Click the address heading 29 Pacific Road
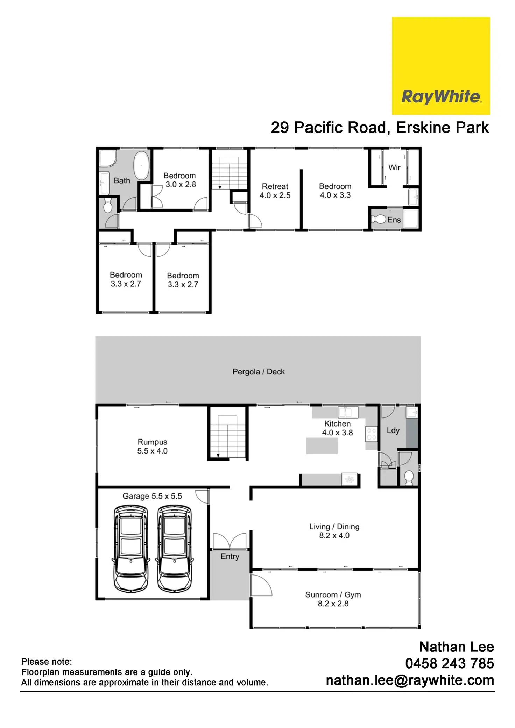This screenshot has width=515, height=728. (x=379, y=128)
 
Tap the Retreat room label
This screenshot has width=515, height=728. (x=275, y=187)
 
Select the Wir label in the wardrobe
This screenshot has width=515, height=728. (x=394, y=167)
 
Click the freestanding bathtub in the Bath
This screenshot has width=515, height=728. (x=142, y=165)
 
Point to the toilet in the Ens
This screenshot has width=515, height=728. (x=379, y=220)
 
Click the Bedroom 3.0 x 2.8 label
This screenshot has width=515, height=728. (x=180, y=180)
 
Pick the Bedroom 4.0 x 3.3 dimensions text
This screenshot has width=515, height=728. (x=335, y=195)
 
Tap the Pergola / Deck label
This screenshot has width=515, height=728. (x=259, y=372)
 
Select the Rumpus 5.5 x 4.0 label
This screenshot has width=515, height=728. (x=152, y=447)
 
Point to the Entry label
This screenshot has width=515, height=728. (x=230, y=556)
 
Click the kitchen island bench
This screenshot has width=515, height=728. (x=322, y=446)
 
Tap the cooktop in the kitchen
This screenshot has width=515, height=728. (x=371, y=434)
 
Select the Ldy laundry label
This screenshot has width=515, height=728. (x=393, y=430)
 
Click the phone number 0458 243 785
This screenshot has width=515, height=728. (x=449, y=663)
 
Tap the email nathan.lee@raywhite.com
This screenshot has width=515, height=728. (x=410, y=680)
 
